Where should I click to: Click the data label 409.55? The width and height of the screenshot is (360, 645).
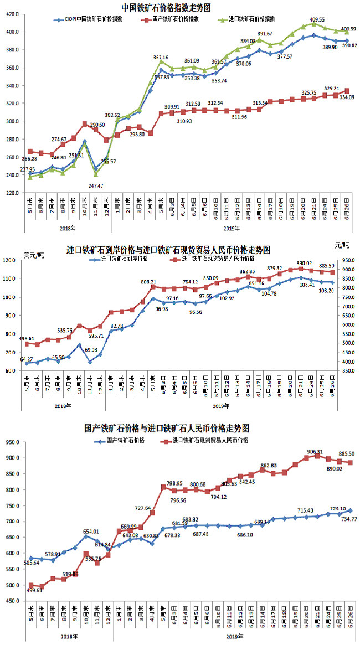pyautogui.click(x=317, y=19)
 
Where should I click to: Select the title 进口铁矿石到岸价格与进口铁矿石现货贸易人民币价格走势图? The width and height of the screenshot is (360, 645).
pyautogui.click(x=168, y=250)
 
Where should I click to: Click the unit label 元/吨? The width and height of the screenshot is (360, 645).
pyautogui.click(x=342, y=245)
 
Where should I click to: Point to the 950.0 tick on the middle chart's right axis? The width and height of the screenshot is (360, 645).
pyautogui.click(x=344, y=260)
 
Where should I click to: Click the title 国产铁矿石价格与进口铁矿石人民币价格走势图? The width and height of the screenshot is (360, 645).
pyautogui.click(x=167, y=428)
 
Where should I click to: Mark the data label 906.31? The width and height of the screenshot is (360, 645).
pyautogui.click(x=317, y=451)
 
